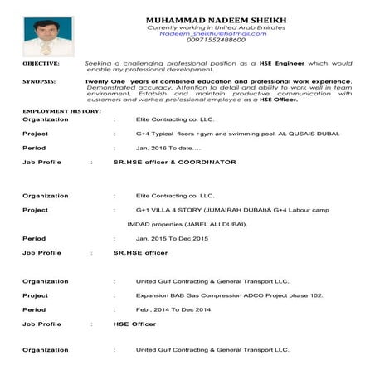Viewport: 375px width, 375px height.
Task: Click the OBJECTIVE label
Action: (x=41, y=63)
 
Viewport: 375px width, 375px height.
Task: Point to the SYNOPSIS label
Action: (x=39, y=81)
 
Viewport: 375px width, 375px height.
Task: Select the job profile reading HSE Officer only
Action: (x=134, y=324)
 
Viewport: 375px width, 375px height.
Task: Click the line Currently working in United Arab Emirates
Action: (x=214, y=27)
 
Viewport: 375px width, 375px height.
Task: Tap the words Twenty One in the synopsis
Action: (x=103, y=81)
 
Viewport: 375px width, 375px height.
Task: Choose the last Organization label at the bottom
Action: (x=45, y=350)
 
